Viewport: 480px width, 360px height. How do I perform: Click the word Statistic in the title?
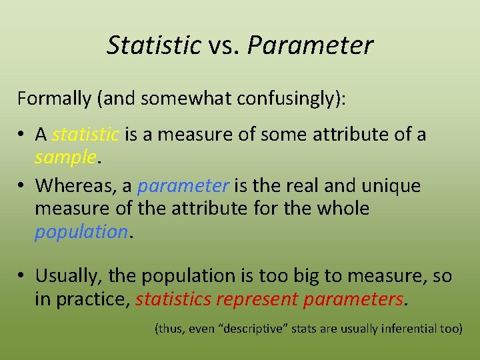153,45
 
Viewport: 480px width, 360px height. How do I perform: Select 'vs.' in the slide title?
224,45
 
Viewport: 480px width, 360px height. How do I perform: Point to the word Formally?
54,99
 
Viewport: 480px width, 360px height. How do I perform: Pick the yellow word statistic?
85,135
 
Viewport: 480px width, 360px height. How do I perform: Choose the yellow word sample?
66,157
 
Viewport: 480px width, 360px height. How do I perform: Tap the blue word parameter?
183,185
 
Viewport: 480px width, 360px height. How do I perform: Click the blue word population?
81,231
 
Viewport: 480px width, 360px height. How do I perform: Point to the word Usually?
67,276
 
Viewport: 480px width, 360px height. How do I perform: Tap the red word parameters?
353,299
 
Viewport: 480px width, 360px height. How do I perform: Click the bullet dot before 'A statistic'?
21,135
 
